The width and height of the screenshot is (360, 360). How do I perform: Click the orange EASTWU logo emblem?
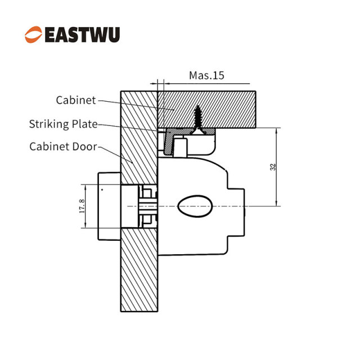34,34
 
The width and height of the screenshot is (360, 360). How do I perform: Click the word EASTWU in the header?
83,35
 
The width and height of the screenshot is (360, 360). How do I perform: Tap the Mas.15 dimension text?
206,75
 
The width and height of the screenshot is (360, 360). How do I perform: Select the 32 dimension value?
273,166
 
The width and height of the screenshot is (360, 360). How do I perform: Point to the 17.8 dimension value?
82,206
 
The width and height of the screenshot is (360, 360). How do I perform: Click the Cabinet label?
76,100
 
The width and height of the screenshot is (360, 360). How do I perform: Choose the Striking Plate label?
64,124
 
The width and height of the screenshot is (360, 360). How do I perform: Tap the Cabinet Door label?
64,146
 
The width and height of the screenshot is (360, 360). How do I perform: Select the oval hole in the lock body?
195,206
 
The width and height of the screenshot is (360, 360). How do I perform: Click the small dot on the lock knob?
102,190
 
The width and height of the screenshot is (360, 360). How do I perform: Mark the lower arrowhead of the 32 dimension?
276,203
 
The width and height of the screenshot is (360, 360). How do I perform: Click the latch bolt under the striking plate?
180,146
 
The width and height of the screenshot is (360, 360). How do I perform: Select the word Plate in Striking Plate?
85,124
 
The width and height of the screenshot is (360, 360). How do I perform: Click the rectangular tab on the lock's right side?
236,213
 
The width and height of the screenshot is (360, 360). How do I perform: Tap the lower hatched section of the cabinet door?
139,270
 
